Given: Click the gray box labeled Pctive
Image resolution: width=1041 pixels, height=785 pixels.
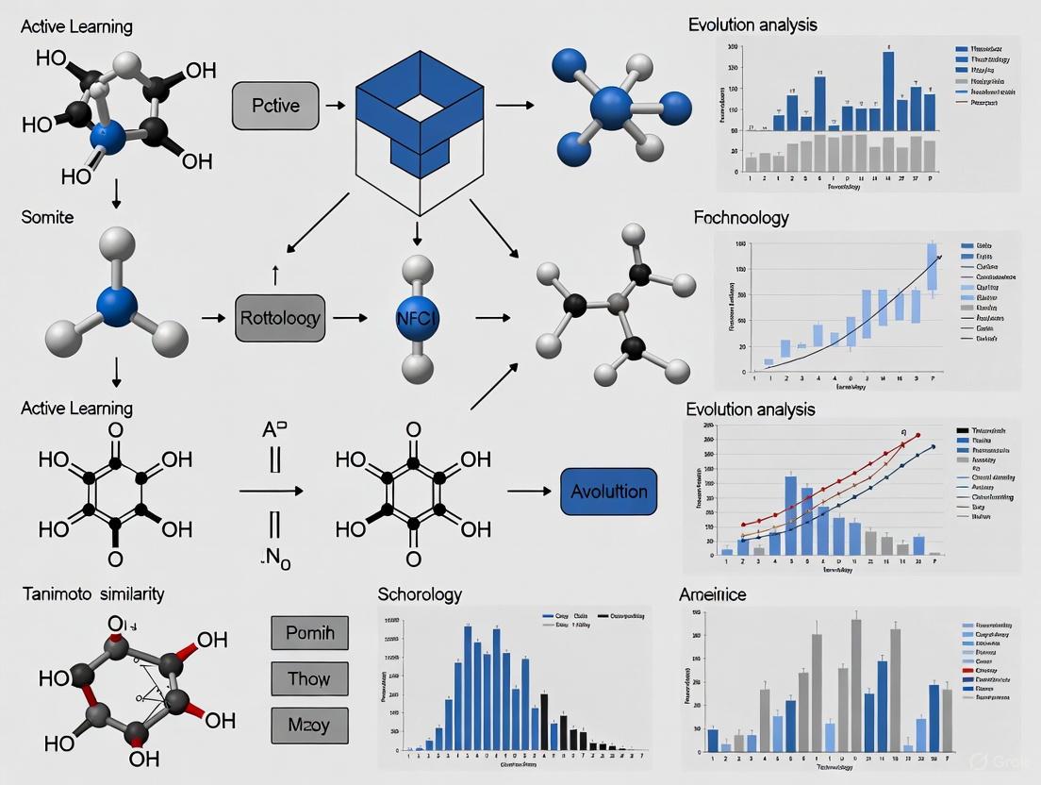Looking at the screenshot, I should [x=275, y=106].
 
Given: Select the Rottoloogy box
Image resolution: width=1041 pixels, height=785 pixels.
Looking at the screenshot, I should [x=280, y=318].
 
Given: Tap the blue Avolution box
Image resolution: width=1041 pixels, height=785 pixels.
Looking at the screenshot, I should [x=609, y=492].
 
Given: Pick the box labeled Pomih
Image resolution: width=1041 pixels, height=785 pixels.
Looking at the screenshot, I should [x=309, y=632].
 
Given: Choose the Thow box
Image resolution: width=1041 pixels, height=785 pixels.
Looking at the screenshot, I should [x=309, y=678].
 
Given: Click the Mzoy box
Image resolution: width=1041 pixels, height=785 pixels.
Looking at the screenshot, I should [x=309, y=725].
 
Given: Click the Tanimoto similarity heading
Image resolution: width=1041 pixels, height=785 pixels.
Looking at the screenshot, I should [x=92, y=593].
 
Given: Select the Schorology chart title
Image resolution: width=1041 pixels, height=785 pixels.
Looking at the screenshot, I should [x=420, y=594].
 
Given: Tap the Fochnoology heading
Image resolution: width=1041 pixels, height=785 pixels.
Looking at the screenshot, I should [x=741, y=218].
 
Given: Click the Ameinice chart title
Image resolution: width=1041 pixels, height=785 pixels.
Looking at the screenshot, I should [x=713, y=594].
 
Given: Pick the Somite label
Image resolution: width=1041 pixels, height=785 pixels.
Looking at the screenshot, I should [x=46, y=217].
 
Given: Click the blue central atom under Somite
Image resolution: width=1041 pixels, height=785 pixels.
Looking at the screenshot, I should [x=117, y=307].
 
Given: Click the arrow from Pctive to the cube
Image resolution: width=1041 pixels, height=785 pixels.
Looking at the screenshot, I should [x=334, y=106].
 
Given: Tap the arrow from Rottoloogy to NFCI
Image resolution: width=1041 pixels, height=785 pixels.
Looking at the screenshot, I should [x=350, y=318].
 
